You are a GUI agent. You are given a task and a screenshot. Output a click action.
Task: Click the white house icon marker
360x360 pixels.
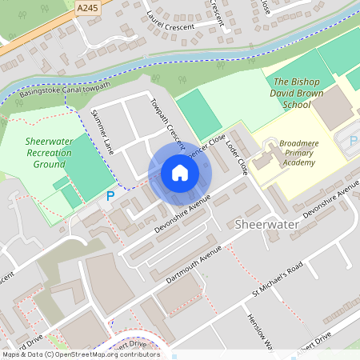(180, 173)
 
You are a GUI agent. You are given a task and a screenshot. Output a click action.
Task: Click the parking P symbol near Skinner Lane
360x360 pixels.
(110, 195)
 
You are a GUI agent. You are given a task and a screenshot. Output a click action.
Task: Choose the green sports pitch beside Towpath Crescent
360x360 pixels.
(198, 113)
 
